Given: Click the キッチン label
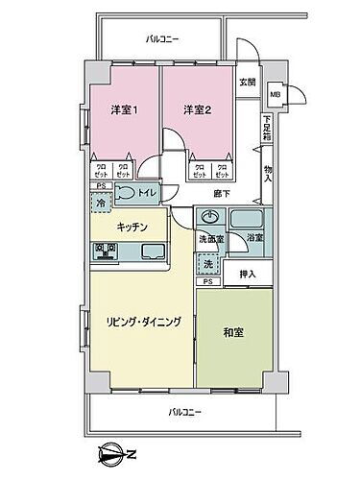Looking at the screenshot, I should coord(132,227).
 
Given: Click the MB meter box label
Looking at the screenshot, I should coord(275,94).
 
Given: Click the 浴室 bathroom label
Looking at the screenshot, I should coord(253,238).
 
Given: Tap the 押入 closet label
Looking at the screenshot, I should coord(248,273).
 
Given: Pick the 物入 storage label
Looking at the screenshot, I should coord(268,174).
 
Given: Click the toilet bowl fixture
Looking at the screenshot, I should coord(127,193).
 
